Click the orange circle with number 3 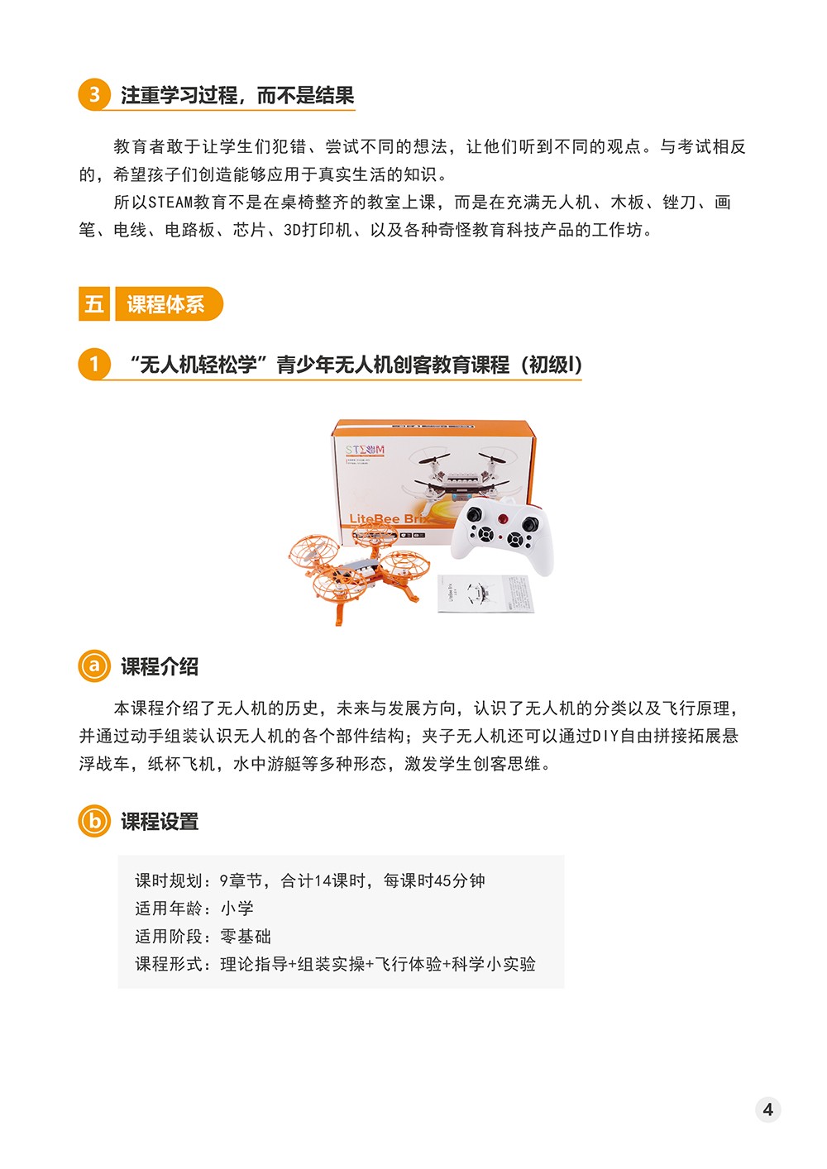pyautogui.click(x=94, y=94)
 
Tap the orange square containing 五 pyautogui.click(x=94, y=303)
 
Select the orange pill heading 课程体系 pyautogui.click(x=169, y=303)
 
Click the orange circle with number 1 pyautogui.click(x=94, y=364)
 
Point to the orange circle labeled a pyautogui.click(x=94, y=666)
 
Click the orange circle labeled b pyautogui.click(x=94, y=821)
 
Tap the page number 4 pyautogui.click(x=768, y=1109)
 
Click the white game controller pyautogui.click(x=502, y=536)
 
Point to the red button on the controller pyautogui.click(x=502, y=518)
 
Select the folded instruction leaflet pyautogui.click(x=485, y=594)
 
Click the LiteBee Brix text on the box pyautogui.click(x=389, y=518)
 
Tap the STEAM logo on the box pyautogui.click(x=365, y=450)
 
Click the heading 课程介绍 pyautogui.click(x=160, y=666)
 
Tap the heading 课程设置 pyautogui.click(x=160, y=822)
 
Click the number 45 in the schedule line pyautogui.click(x=442, y=881)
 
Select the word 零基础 pyautogui.click(x=246, y=936)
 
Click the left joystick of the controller pyautogui.click(x=475, y=514)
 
